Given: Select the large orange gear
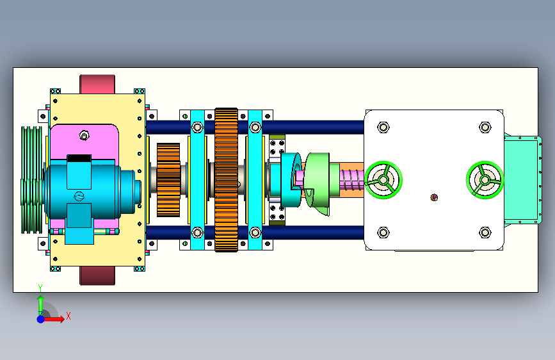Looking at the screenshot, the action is point(226,180).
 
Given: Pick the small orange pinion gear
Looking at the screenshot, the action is point(168,180).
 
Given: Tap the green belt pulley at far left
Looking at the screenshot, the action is point(32,180).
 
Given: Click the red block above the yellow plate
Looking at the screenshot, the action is point(97,85).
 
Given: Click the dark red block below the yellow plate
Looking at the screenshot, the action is point(97,275).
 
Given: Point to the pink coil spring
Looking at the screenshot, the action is point(351,180).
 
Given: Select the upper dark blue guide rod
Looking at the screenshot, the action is point(255,127).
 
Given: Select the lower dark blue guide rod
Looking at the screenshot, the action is point(255,233).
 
